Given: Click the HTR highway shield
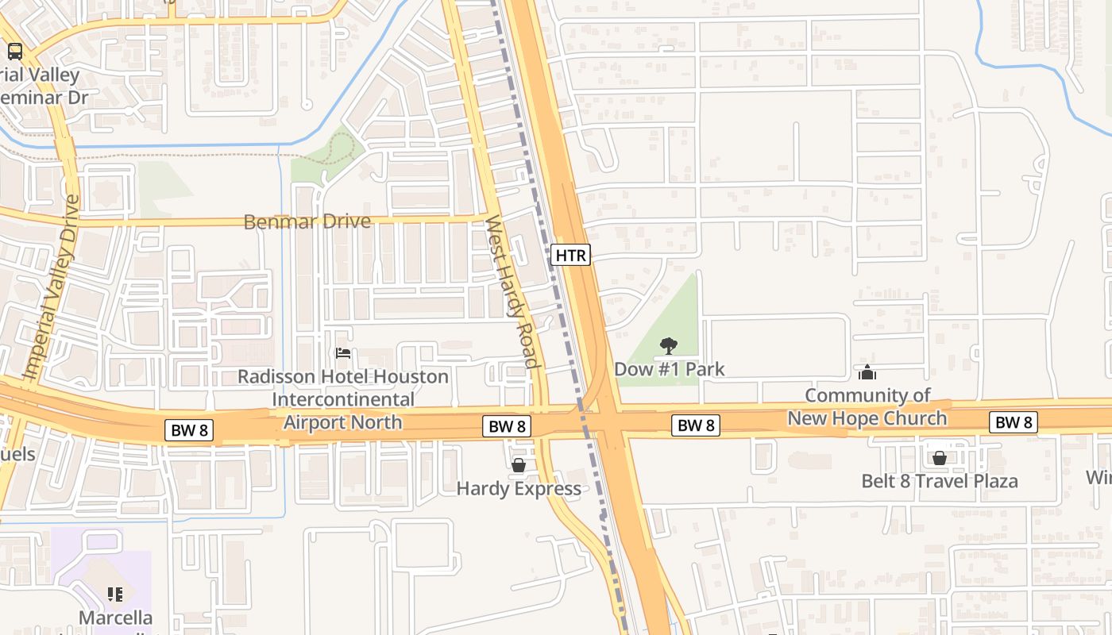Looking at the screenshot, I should (570, 255).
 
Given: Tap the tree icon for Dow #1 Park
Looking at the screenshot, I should (669, 346).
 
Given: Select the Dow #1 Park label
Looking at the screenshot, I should (669, 369).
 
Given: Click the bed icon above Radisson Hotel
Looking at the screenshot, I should (343, 353).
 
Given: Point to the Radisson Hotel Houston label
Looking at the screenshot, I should (343, 376).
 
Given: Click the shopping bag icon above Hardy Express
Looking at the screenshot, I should (519, 465).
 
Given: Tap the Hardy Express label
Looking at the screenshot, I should (519, 488).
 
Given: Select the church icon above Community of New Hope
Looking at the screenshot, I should (867, 372).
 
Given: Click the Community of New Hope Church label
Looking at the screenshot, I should (867, 406).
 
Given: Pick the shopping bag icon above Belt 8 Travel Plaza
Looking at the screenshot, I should (939, 458).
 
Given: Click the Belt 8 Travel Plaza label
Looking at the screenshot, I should (939, 481).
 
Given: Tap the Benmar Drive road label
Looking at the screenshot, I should (307, 221).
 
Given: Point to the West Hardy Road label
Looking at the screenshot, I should (512, 291).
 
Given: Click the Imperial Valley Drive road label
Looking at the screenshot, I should (52, 287).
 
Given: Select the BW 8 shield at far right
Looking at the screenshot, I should (1013, 422).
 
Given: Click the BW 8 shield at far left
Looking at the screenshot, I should (190, 431).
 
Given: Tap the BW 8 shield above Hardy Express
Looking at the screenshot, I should (507, 426).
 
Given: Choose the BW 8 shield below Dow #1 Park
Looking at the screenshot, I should (696, 425).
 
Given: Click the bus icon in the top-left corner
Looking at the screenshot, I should (14, 52).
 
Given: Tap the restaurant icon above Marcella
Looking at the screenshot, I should (115, 594).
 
